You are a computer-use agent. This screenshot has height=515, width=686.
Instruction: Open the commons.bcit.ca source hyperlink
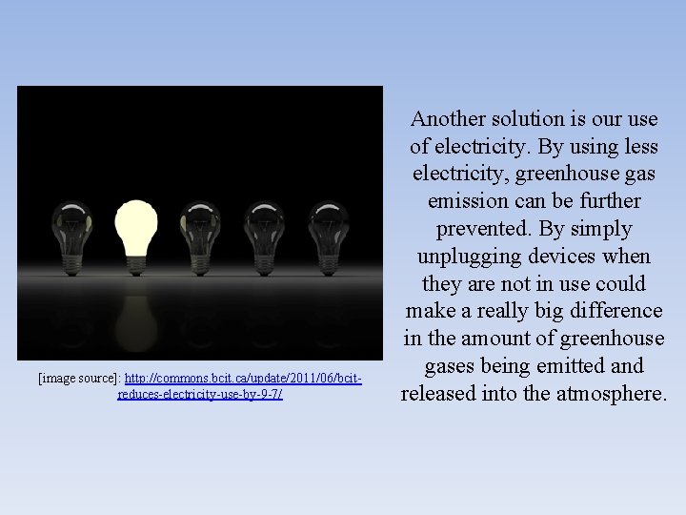tap(243, 379)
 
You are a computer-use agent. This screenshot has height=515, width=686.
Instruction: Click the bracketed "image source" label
tap(79, 379)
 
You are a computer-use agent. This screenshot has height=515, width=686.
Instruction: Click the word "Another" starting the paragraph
tap(446, 119)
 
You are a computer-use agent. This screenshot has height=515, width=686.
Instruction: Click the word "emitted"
tap(572, 366)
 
